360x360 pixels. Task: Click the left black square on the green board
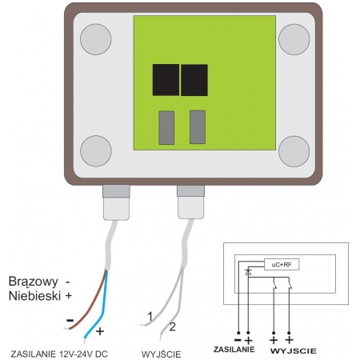click(x=166, y=79)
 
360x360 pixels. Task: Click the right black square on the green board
click(x=194, y=80)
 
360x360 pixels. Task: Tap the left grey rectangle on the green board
click(x=166, y=127)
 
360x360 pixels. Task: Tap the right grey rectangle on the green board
click(x=198, y=127)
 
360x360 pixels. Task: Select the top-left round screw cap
click(x=96, y=39)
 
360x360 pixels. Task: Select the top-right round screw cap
click(x=294, y=39)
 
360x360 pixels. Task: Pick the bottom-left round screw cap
click(x=96, y=151)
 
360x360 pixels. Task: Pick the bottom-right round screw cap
click(x=294, y=151)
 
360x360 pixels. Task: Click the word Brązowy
click(x=34, y=282)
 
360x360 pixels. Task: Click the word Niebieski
click(x=34, y=296)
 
